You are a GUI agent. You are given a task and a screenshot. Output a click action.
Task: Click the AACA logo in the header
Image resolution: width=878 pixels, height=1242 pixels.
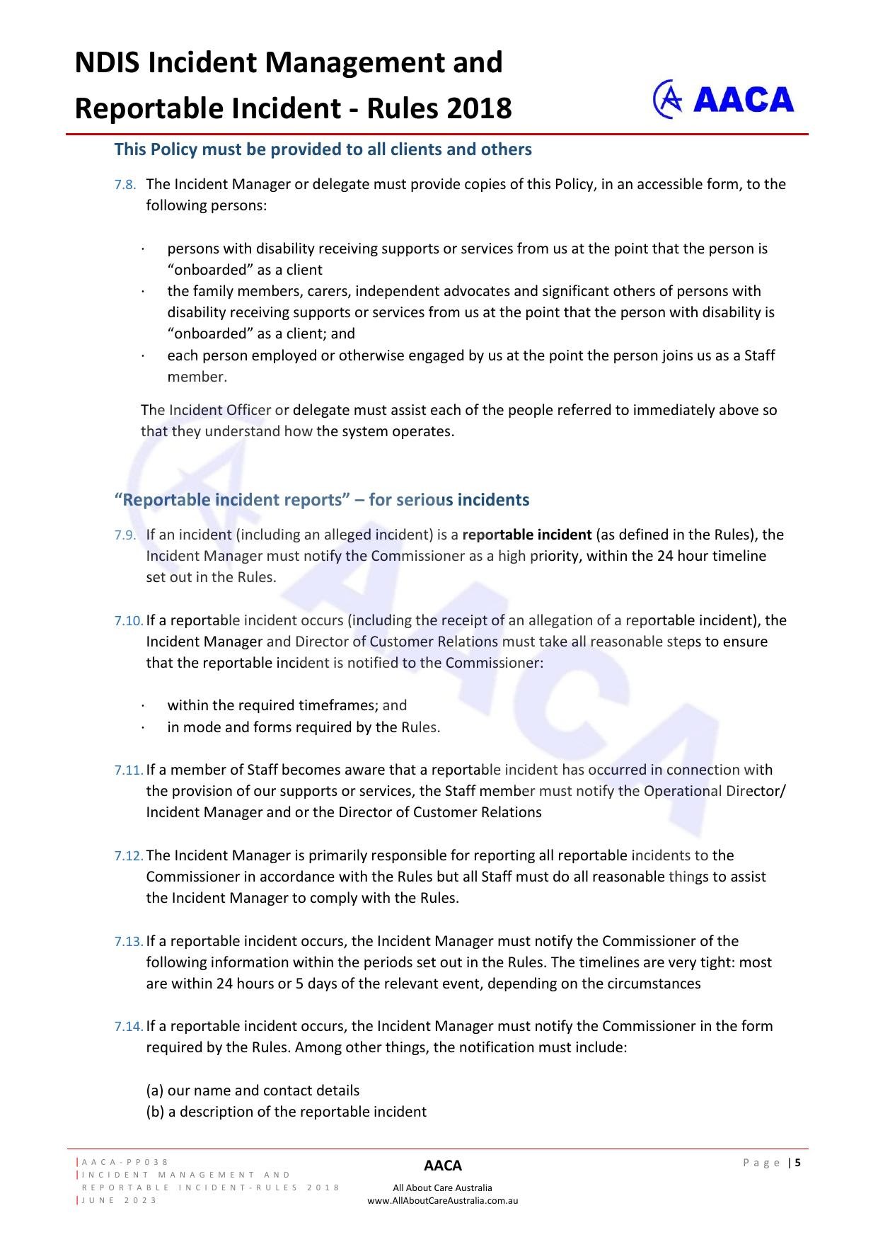723,99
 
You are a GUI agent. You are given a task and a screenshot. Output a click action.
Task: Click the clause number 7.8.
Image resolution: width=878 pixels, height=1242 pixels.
125,185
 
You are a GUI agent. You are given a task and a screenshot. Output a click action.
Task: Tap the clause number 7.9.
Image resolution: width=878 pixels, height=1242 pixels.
125,535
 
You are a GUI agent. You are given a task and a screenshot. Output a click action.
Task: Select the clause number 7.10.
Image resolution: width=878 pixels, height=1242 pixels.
128,621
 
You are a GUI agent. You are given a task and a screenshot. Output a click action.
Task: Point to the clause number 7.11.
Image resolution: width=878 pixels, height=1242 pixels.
128,770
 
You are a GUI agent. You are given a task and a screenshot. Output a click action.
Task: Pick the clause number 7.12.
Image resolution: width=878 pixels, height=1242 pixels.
128,856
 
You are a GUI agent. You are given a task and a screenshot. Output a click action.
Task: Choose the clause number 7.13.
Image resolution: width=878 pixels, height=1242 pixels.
128,942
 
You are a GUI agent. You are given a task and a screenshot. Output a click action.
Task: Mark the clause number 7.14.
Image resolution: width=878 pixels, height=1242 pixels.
128,1027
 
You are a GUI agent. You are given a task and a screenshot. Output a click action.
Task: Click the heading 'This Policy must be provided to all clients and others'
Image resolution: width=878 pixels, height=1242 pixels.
323,149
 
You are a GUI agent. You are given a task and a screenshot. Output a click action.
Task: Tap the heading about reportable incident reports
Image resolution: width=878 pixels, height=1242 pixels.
321,500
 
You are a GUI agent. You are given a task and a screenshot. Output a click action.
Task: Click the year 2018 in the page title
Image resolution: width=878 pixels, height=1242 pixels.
478,109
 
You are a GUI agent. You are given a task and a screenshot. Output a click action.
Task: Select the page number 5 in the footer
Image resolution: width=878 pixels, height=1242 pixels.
798,1162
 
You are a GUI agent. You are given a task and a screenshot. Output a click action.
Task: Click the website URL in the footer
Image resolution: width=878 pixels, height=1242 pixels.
442,1200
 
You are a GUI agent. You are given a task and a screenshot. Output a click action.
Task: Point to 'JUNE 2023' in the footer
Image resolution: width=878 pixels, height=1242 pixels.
120,1200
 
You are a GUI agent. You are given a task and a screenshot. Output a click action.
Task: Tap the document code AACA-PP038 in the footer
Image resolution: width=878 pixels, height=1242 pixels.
125,1162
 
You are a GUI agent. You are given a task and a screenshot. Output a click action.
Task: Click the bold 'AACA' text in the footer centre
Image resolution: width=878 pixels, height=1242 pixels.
442,1166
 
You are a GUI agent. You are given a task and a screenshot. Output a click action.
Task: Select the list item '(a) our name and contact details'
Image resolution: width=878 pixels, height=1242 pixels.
253,1090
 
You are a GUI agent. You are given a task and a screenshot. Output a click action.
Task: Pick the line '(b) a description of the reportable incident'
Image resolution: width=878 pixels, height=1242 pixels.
286,1112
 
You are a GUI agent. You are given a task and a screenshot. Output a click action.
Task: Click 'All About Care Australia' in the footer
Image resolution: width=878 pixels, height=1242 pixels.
442,1187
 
